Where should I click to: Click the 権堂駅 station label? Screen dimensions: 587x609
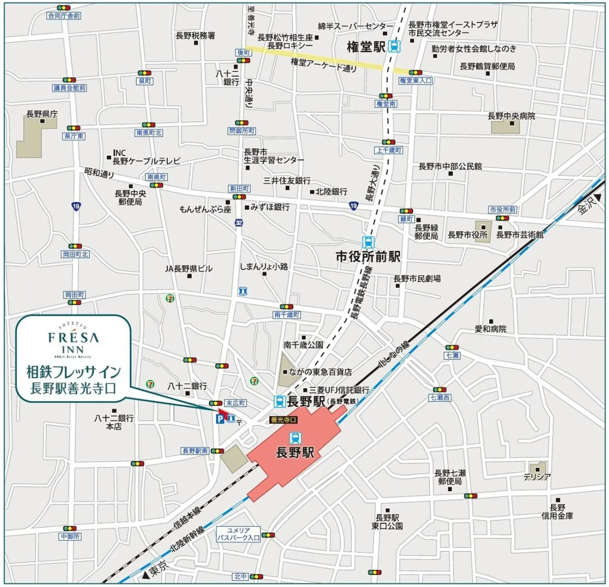click(366, 47)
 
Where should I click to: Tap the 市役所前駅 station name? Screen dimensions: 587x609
click(368, 256)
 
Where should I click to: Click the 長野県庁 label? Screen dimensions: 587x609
click(42, 114)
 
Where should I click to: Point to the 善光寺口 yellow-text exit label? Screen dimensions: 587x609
click(284, 419)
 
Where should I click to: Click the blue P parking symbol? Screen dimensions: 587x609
click(220, 419)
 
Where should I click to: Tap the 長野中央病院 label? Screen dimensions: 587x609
click(511, 116)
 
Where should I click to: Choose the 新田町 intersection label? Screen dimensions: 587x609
click(240, 189)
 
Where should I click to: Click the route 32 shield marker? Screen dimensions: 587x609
click(239, 223)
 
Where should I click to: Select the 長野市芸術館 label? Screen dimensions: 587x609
click(520, 235)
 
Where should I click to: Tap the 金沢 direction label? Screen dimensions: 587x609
click(586, 205)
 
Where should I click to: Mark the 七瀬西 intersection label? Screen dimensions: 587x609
click(440, 398)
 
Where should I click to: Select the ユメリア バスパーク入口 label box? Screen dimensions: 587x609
click(239, 534)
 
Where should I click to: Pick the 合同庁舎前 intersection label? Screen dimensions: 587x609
click(64, 16)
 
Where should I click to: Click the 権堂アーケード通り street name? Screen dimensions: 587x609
click(324, 65)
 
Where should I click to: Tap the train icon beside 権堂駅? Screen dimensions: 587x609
click(395, 46)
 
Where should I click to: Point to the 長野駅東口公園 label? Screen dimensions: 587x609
click(387, 522)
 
